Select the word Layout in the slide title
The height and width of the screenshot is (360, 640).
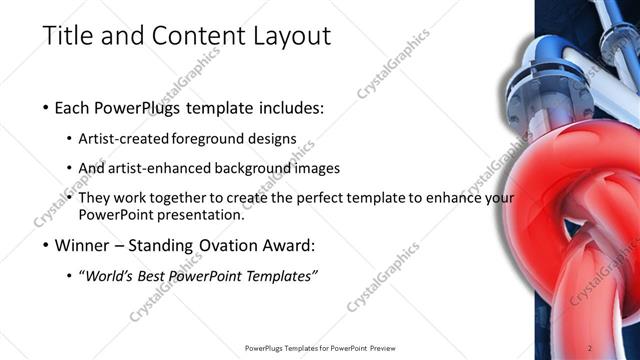click(x=290, y=36)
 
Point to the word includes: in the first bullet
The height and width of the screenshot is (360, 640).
click(x=293, y=108)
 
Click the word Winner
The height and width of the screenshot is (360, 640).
click(x=82, y=244)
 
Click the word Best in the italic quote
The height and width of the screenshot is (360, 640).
click(x=150, y=274)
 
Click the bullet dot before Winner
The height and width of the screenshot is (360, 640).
click(x=46, y=244)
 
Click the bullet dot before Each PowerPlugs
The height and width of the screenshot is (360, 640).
click(x=46, y=108)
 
